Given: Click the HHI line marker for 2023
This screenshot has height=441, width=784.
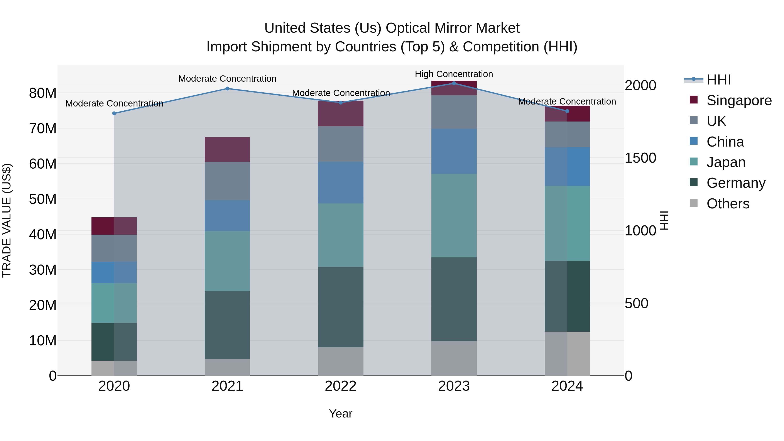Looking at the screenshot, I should click(454, 83).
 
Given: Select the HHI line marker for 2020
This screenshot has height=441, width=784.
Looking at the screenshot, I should click(114, 113).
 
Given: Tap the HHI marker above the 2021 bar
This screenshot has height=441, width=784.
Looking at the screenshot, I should click(227, 89).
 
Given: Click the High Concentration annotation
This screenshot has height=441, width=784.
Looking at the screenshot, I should click(454, 74).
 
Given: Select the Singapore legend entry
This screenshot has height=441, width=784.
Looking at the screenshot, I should click(739, 100).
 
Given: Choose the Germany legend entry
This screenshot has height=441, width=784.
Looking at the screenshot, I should click(736, 183).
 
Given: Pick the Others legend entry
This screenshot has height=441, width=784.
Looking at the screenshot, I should click(728, 204).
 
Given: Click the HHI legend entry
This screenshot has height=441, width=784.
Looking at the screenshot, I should click(718, 80).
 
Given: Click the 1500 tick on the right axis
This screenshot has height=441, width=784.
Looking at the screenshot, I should click(640, 158).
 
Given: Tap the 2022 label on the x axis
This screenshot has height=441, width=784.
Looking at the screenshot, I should click(341, 386).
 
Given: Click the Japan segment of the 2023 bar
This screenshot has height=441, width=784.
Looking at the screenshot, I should click(454, 215).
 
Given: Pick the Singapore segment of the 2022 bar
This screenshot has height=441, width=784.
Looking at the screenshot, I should click(341, 113).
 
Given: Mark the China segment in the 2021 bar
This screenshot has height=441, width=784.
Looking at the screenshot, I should click(227, 215).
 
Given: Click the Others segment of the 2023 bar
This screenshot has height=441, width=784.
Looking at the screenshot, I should click(454, 358).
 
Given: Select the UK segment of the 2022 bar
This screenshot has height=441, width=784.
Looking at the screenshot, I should click(341, 144).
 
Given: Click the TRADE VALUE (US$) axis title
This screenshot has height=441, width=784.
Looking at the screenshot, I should click(7, 220).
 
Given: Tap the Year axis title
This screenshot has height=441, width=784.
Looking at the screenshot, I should click(341, 414).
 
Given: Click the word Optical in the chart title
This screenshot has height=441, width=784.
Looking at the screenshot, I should click(408, 28).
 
